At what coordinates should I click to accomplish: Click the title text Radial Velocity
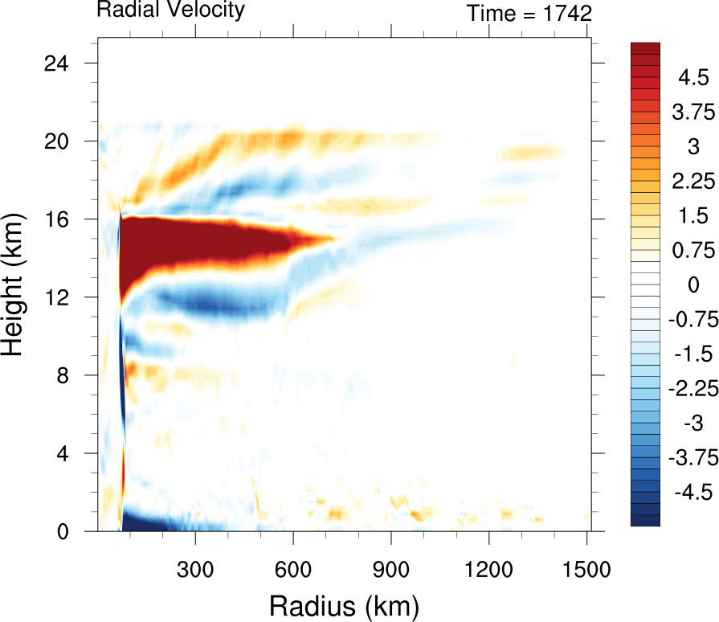(x=170, y=10)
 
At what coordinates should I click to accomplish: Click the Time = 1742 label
(x=529, y=13)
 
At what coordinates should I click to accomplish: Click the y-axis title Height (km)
(x=14, y=297)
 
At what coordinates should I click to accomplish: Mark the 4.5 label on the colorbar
(x=692, y=78)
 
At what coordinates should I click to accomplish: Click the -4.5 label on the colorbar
(x=688, y=492)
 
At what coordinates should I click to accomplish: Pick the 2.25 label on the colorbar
(x=690, y=181)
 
